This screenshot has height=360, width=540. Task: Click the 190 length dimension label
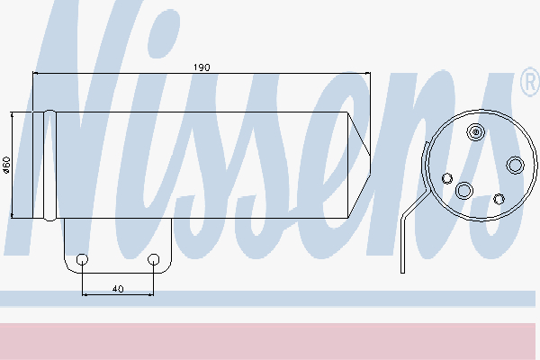pos(202,67)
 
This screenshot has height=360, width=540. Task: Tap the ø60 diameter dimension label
pos(6,165)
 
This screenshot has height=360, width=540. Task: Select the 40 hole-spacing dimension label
pos(118,289)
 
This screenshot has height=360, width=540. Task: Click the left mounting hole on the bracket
pos(82,259)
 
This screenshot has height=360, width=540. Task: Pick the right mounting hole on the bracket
pos(153,259)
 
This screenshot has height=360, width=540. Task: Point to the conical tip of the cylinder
pos(359,165)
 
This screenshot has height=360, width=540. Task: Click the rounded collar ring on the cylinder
pos(49,165)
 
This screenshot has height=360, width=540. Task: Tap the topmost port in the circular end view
pos(475,131)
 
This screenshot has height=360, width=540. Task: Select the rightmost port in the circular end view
pos(515,165)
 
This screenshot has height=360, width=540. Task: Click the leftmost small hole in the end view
pos(447,178)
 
